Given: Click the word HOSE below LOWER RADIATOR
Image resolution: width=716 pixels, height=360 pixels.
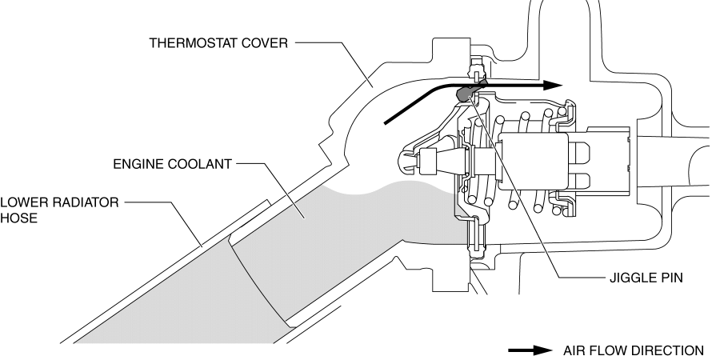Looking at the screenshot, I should coord(17,218).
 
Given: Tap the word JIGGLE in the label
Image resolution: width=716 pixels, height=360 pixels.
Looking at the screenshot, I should coord(624,282).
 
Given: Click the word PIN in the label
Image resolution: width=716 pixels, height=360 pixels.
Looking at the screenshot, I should coord(665,282).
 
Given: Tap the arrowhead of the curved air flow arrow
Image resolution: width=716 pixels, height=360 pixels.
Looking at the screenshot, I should coord(550,83).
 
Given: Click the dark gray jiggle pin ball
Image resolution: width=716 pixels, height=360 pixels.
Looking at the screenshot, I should coord(462,94).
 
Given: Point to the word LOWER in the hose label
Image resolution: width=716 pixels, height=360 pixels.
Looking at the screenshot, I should coord(22,203).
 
